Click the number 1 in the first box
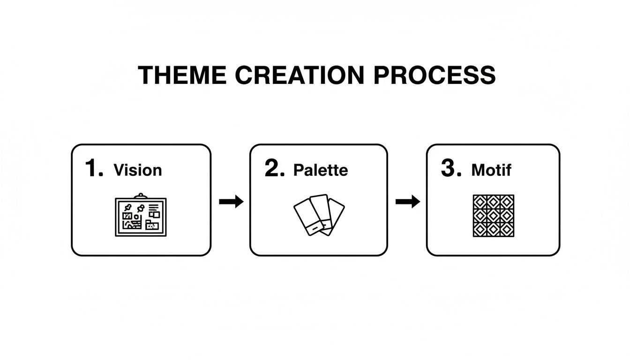(92, 168)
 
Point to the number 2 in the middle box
(273, 168)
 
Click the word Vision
(138, 170)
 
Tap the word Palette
(321, 170)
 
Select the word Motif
(491, 170)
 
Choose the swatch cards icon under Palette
(319, 215)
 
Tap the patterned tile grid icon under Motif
(493, 216)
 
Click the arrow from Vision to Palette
(231, 202)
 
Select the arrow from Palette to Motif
(407, 202)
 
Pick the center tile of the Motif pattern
(493, 216)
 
